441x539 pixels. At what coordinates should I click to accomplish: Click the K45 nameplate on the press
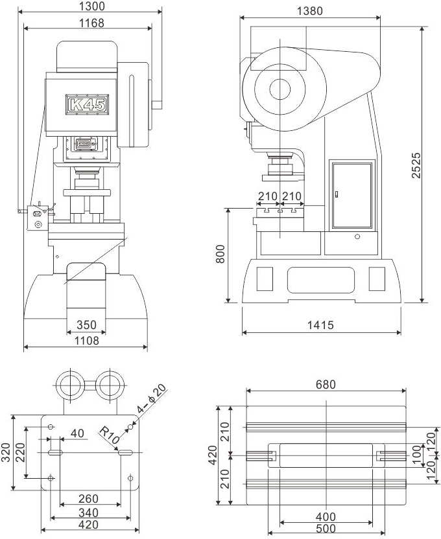(x=88, y=104)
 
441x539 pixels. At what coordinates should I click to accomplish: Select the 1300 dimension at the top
(x=92, y=6)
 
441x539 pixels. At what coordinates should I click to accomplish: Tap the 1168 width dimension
(x=91, y=23)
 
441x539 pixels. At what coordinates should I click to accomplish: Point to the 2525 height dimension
(x=416, y=165)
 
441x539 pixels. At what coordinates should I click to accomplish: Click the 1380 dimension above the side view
(x=310, y=11)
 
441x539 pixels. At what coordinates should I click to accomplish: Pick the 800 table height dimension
(x=220, y=254)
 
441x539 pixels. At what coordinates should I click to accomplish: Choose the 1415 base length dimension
(x=320, y=325)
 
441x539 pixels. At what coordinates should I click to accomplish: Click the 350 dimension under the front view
(x=86, y=325)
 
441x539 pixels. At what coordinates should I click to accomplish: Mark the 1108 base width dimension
(x=87, y=341)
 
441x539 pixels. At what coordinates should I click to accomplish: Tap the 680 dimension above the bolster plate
(x=326, y=384)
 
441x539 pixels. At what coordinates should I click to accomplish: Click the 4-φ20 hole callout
(x=152, y=398)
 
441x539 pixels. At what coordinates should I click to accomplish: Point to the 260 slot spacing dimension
(x=88, y=498)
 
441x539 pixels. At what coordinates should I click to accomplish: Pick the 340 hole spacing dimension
(x=88, y=512)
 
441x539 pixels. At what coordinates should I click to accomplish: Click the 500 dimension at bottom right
(x=326, y=529)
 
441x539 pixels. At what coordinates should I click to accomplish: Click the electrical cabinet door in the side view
(x=352, y=195)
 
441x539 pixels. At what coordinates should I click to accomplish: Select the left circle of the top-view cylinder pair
(x=70, y=385)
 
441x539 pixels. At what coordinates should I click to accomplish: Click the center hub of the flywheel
(x=280, y=89)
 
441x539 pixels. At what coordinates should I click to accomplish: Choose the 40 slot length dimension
(x=77, y=433)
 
